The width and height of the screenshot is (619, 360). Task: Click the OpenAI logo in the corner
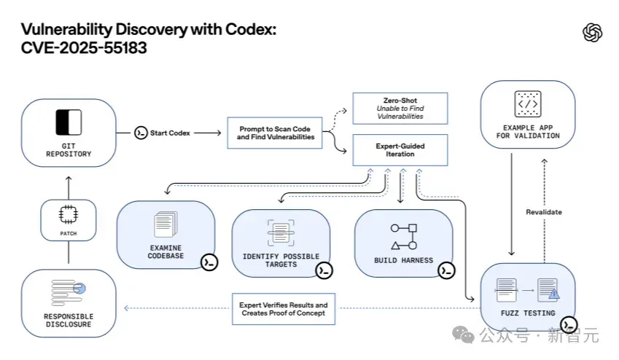pyautogui.click(x=593, y=32)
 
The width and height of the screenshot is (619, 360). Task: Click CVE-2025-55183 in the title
pyautogui.click(x=84, y=48)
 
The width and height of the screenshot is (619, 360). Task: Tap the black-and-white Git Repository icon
pyautogui.click(x=69, y=122)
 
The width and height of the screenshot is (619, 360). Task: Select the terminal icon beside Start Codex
pyautogui.click(x=141, y=133)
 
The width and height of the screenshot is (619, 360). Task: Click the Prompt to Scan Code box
pyautogui.click(x=275, y=133)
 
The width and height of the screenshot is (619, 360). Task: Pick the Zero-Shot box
pyautogui.click(x=400, y=109)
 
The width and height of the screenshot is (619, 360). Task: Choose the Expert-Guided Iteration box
pyautogui.click(x=400, y=150)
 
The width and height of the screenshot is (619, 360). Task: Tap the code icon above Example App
pyautogui.click(x=528, y=104)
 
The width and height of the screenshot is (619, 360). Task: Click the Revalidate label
pyautogui.click(x=544, y=212)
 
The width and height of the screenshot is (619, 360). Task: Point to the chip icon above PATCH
pyautogui.click(x=69, y=215)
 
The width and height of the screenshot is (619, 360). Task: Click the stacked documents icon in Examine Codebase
pyautogui.click(x=166, y=224)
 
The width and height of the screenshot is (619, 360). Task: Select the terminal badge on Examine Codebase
pyautogui.click(x=209, y=262)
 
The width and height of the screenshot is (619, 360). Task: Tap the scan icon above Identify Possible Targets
pyautogui.click(x=281, y=233)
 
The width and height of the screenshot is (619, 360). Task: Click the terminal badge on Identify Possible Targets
pyautogui.click(x=324, y=270)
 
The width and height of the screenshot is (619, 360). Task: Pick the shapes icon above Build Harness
pyautogui.click(x=403, y=237)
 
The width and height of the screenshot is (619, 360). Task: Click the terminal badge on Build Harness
pyautogui.click(x=446, y=270)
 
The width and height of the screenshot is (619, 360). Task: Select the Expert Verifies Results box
pyautogui.click(x=284, y=309)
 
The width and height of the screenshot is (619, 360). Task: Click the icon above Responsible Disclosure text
pyautogui.click(x=69, y=293)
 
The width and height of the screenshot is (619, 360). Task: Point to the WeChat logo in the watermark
pyautogui.click(x=463, y=334)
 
